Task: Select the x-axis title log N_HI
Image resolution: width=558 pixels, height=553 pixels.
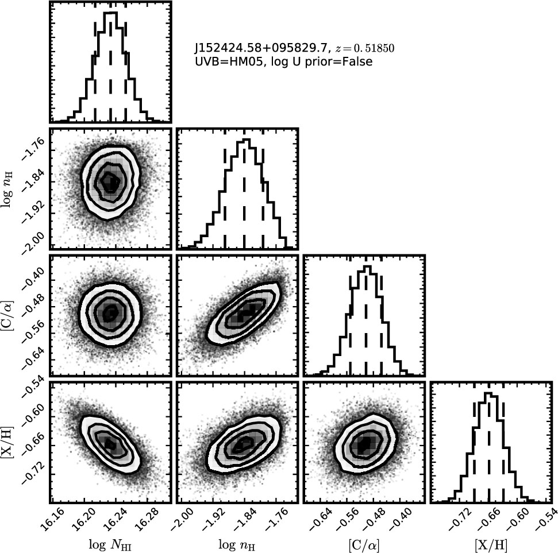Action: [110, 545]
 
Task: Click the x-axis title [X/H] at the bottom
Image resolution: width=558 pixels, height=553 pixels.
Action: [491, 544]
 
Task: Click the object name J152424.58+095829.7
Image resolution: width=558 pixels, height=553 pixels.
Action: [260, 48]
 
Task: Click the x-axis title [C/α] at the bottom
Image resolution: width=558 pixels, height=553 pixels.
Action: [364, 544]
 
